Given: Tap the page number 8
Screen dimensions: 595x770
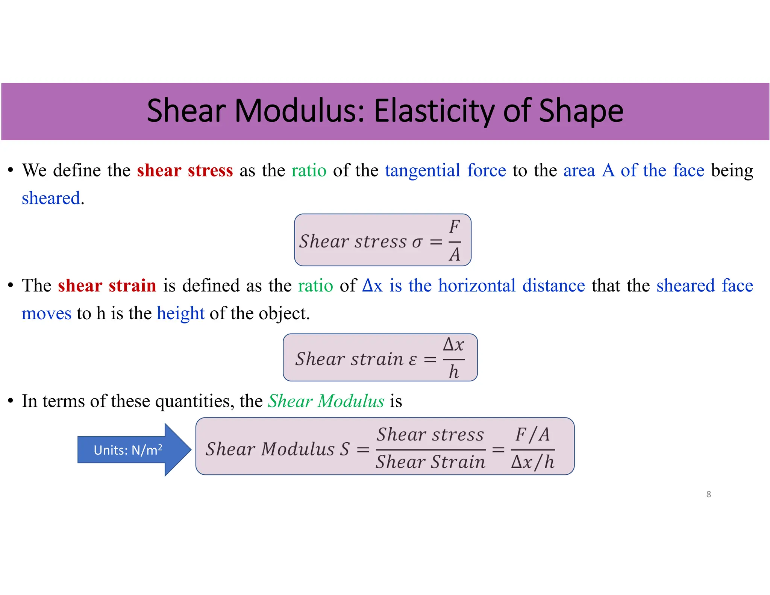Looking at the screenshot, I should [708, 494].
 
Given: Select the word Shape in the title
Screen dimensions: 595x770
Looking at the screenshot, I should [581, 111].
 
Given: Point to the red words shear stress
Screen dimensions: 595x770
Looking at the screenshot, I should [185, 170].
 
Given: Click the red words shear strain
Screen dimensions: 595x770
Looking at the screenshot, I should [107, 285].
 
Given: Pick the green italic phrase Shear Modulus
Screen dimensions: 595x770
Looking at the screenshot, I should [326, 401].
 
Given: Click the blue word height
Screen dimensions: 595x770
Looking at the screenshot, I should [180, 313].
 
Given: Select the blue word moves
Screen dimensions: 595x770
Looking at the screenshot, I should [46, 313].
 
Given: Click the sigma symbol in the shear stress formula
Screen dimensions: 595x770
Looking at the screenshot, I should [417, 242].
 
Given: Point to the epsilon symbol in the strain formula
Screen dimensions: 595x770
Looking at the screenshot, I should [412, 360].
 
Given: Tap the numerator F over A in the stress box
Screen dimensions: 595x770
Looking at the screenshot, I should [455, 227].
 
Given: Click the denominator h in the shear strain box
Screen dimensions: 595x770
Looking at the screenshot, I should [454, 372].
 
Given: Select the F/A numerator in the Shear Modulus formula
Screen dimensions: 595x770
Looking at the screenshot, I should [532, 435].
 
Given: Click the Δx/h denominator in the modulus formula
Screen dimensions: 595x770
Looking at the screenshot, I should [532, 462].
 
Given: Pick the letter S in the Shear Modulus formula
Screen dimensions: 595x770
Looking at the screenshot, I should [345, 449].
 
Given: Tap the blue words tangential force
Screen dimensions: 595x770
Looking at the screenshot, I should [445, 170].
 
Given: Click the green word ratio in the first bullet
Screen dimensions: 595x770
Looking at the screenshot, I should [309, 170].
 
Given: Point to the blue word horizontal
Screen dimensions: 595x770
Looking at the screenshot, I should [476, 285].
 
